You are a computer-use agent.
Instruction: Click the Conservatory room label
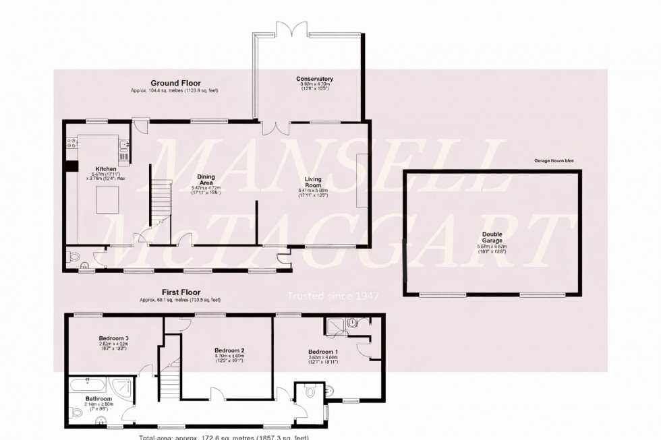tap(314, 80)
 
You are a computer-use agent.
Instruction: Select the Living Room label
tap(316, 178)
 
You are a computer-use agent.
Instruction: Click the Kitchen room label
tap(106, 168)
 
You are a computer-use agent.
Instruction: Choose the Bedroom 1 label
tap(322, 352)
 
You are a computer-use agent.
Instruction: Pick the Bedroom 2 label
tap(229, 350)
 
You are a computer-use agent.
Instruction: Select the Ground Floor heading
tap(175, 83)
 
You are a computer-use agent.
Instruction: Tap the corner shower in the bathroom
tap(121, 387)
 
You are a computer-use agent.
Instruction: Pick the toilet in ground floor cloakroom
tap(75, 257)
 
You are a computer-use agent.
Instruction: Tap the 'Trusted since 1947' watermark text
tap(333, 295)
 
